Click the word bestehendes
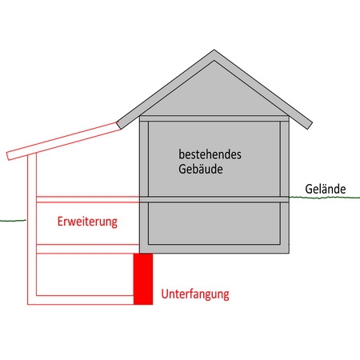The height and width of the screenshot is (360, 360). click(210, 154)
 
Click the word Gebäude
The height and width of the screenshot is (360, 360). click(201, 169)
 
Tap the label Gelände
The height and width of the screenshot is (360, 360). click(326, 189)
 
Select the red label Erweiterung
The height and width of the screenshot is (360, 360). click(87, 222)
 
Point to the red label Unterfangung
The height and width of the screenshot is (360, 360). click(195, 294)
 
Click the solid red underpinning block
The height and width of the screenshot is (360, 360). click(143, 279)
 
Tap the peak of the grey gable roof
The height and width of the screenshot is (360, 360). click(214, 50)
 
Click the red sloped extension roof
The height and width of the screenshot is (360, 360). click(64, 141)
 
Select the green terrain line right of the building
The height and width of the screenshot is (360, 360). click(325, 198)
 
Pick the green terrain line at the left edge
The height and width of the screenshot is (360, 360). click(14, 221)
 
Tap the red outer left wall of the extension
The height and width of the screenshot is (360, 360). click(32, 230)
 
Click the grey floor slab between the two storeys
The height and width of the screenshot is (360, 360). click(214, 199)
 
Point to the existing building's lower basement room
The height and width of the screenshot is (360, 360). click(214, 223)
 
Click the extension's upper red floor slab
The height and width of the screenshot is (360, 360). click(88, 199)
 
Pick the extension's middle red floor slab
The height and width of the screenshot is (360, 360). click(88, 249)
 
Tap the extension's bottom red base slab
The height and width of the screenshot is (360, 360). click(81, 300)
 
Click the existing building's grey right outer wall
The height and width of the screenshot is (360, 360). click(285, 184)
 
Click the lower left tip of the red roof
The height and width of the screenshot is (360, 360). click(8, 159)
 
